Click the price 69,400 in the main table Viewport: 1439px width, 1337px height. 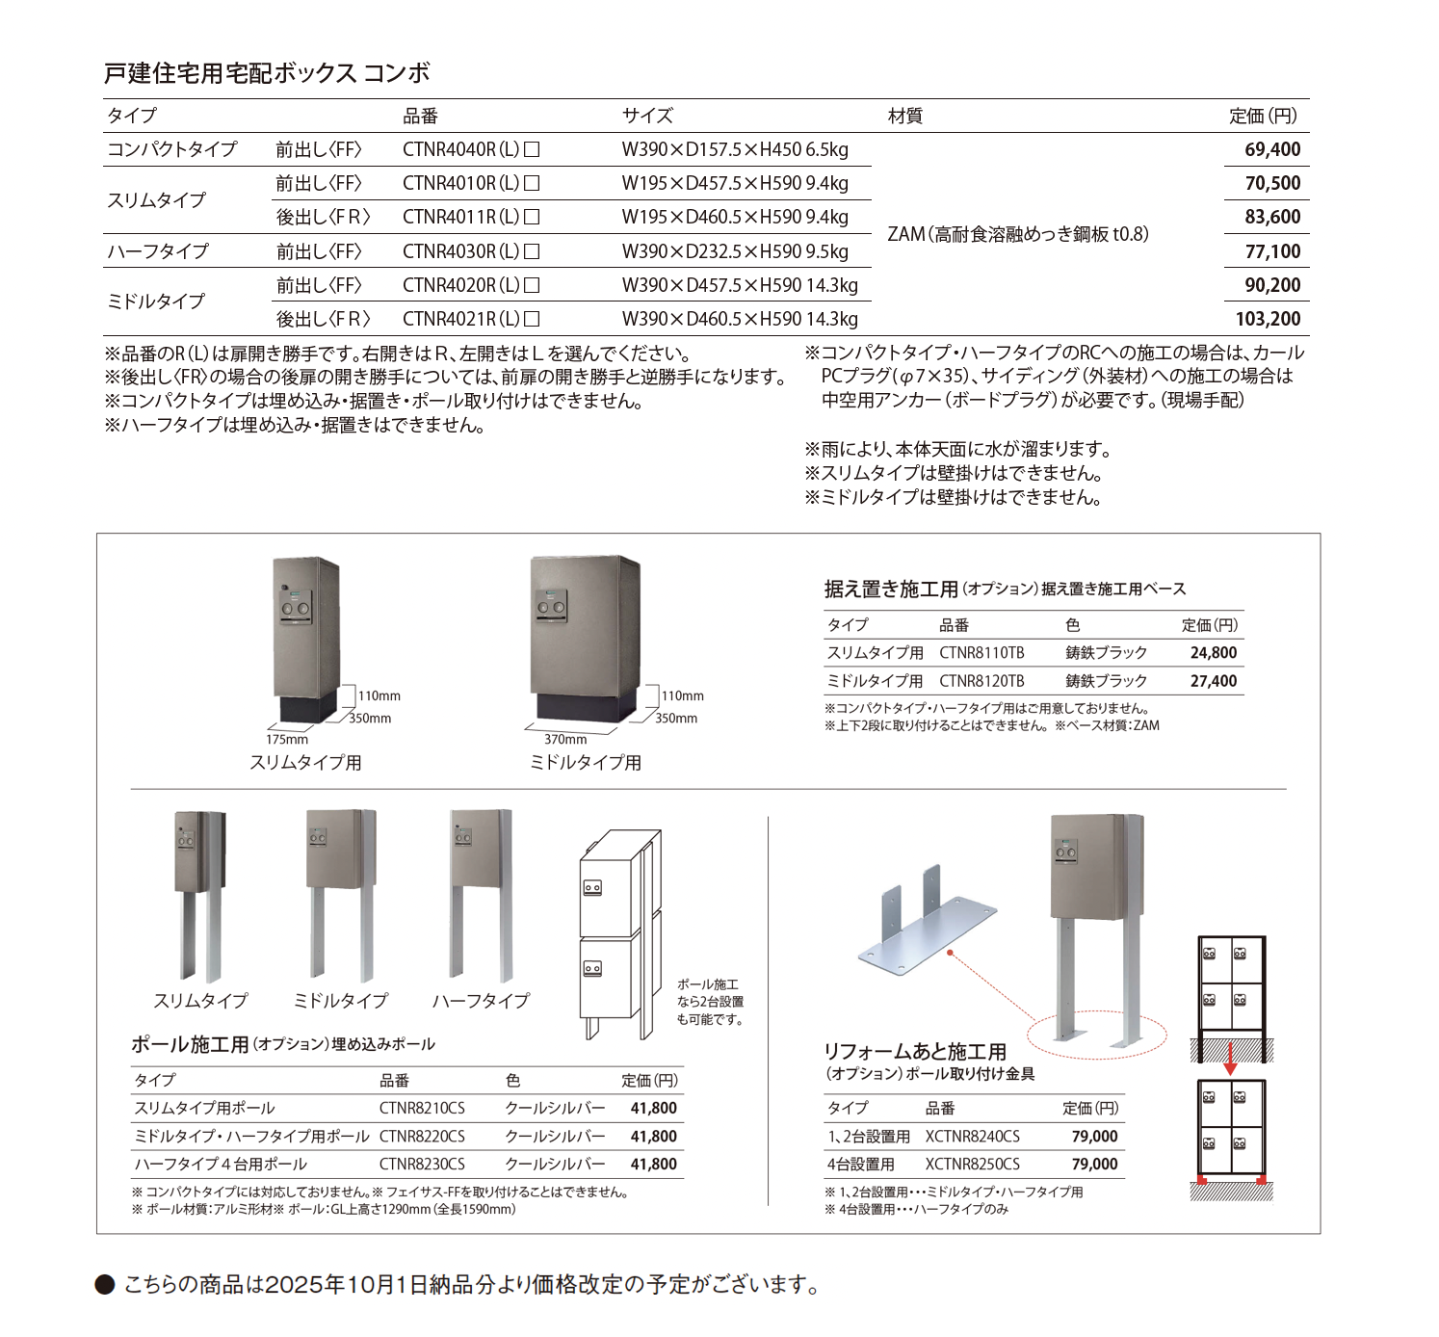point(1271,149)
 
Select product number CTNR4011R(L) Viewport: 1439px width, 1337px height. point(470,217)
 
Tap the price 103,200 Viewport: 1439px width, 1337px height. point(1268,319)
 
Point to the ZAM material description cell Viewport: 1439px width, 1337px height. point(1017,234)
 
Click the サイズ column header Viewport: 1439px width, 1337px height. point(647,116)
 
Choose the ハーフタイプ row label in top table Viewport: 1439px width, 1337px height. point(158,251)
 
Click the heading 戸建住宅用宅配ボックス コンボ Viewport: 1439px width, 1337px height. point(267,73)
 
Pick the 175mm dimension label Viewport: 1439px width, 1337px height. point(287,740)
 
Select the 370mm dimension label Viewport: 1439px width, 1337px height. point(565,740)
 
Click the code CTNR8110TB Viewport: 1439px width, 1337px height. point(981,653)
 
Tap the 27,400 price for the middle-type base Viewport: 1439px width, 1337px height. point(1213,681)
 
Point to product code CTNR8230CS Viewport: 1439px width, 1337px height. point(422,1165)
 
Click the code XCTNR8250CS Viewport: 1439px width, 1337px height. point(972,1165)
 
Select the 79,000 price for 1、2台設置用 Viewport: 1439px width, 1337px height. point(1094,1137)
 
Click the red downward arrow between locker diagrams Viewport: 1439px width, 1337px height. point(1230,1060)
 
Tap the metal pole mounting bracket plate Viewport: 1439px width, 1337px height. point(925,930)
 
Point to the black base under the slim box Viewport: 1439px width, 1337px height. point(308,704)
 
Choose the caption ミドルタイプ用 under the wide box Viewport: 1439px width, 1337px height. point(585,763)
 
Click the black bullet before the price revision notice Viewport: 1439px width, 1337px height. point(105,1285)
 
